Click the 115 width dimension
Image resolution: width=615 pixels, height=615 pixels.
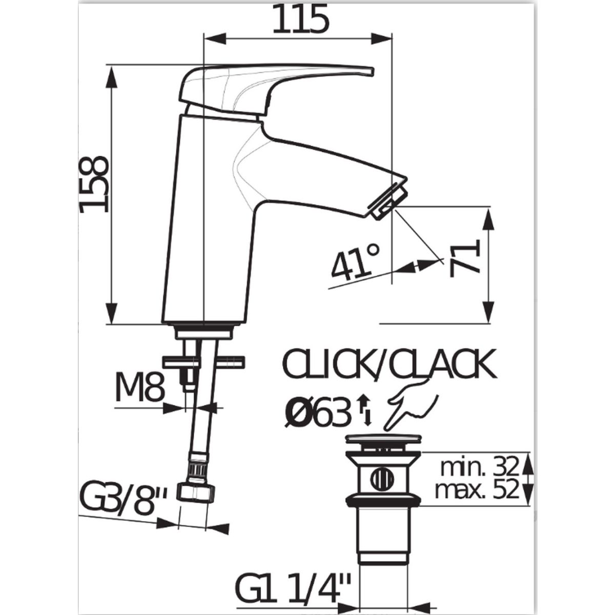299,19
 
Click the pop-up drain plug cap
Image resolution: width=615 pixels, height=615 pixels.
383,439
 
